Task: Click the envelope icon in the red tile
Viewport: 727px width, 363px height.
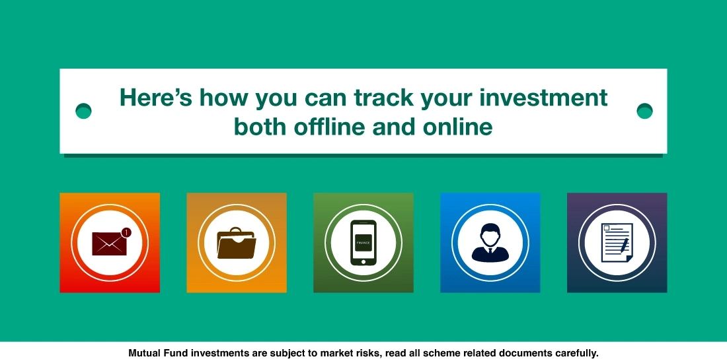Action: point(109,243)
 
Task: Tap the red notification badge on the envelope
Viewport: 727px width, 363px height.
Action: point(126,232)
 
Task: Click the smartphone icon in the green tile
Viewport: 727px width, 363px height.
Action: point(363,243)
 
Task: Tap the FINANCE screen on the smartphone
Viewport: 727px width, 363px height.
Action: point(363,242)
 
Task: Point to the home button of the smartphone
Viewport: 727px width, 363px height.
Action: point(363,261)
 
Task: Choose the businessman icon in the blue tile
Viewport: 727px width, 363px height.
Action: point(490,242)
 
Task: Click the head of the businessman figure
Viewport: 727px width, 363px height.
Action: point(490,232)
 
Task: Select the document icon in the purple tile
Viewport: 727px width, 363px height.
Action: point(617,243)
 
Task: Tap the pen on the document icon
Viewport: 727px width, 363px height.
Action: point(624,245)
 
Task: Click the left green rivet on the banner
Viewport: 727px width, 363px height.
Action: point(83,111)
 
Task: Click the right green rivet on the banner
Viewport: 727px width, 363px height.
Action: point(644,111)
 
